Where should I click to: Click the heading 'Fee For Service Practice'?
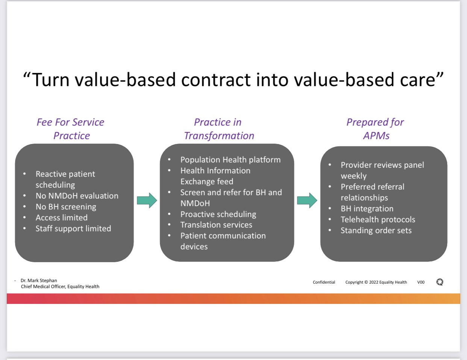click(x=70, y=129)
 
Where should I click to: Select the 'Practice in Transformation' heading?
click(x=219, y=129)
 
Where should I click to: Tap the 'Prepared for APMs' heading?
click(x=375, y=129)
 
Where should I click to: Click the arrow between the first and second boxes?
click(x=147, y=200)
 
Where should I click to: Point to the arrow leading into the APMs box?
click(x=307, y=200)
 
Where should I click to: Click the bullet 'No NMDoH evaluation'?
click(x=77, y=196)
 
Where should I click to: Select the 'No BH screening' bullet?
click(x=66, y=207)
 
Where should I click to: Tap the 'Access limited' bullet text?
click(x=61, y=218)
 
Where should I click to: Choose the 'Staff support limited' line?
click(x=73, y=228)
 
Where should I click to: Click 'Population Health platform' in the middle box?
click(x=230, y=160)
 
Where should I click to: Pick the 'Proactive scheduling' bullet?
click(x=218, y=214)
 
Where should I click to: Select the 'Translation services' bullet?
click(x=216, y=225)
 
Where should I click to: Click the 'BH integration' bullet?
click(x=367, y=208)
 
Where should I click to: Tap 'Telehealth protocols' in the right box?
click(x=378, y=219)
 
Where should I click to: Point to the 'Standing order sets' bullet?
click(x=376, y=230)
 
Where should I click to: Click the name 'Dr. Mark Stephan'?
click(x=39, y=281)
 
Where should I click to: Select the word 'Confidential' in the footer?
click(x=324, y=282)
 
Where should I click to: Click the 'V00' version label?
click(x=421, y=282)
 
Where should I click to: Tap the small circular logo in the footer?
click(x=440, y=282)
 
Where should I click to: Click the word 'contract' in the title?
click(x=216, y=80)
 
